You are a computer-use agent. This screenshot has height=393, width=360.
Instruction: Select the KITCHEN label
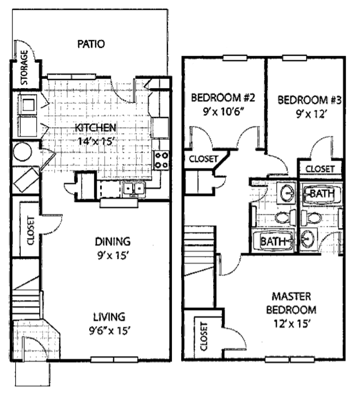(x=95, y=127)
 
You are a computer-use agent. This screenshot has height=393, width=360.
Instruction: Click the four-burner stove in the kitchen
(x=162, y=159)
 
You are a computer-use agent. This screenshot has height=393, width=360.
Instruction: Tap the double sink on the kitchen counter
(x=133, y=189)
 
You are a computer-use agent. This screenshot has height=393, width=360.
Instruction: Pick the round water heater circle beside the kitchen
(x=23, y=151)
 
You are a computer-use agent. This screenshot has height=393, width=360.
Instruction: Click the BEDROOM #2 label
(x=224, y=98)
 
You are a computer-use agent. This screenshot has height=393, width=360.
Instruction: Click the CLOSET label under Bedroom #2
(x=203, y=159)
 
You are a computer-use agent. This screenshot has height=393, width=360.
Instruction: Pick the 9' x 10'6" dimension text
(x=224, y=113)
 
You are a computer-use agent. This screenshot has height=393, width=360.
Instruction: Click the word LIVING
(x=109, y=316)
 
